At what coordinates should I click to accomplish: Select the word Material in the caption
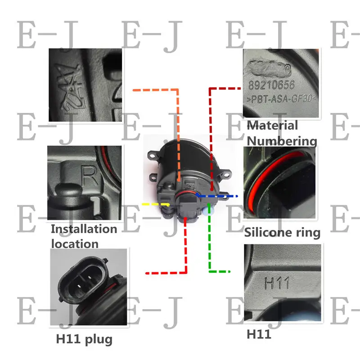272,126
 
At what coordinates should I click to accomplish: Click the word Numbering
282,141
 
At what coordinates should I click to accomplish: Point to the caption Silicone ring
282,232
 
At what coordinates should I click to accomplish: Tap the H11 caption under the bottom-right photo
259,334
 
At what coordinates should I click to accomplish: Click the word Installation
84,229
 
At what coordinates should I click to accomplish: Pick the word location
74,244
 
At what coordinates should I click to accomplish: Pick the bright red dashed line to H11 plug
185,252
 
